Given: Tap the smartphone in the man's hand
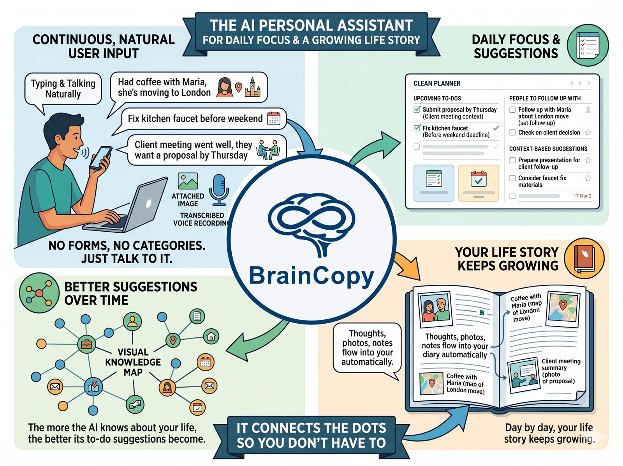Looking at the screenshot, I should point(100,158).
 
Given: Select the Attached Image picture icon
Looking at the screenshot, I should point(188,182).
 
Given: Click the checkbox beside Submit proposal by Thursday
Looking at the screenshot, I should point(417,110).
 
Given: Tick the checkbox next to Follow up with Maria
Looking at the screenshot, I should point(512,110).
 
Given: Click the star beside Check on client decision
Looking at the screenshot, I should point(588,133).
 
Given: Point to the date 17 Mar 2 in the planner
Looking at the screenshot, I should point(582,196).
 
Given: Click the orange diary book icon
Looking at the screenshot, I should point(584,258).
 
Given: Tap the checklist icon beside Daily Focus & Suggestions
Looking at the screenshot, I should point(588,45).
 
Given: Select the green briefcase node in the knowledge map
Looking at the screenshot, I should point(86,344).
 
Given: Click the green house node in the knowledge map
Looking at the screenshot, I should point(211,336).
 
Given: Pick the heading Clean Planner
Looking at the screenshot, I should point(436,83).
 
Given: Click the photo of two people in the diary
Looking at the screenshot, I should point(435,310).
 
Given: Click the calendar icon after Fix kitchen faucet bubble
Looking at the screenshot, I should point(274,118).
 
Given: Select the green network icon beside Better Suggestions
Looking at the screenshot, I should point(39,292).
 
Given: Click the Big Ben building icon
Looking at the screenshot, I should point(252,87).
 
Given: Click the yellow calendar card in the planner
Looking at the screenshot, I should point(479,183).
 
